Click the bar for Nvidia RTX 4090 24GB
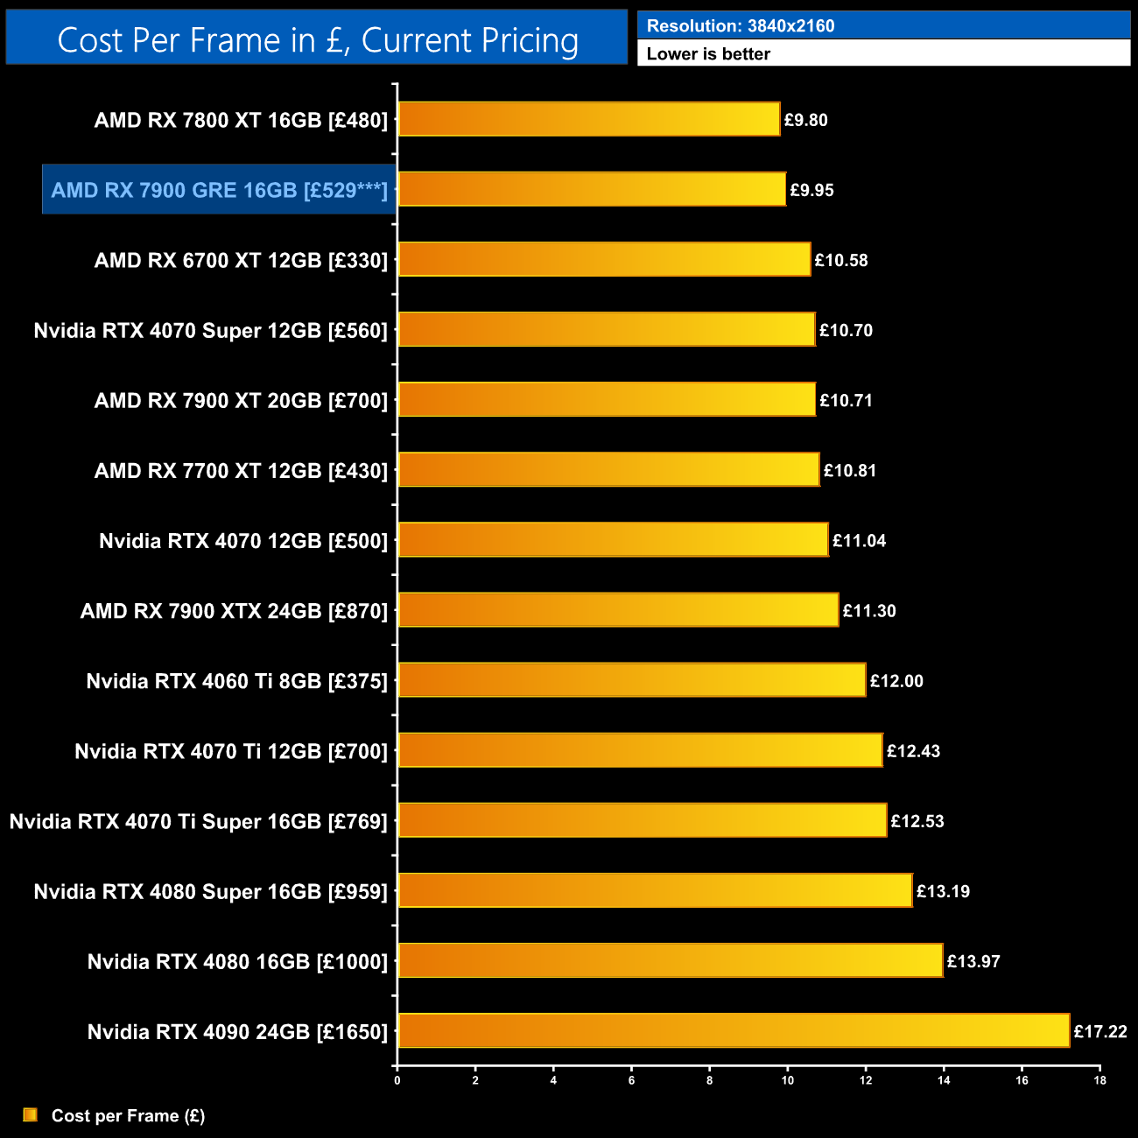tap(734, 1030)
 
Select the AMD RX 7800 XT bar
tap(588, 119)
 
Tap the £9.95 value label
tap(811, 190)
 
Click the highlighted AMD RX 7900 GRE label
tap(219, 190)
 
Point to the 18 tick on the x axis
tap(1099, 1080)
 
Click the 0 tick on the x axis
tap(397, 1080)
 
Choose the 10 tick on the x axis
tap(788, 1080)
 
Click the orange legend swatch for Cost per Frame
tap(31, 1114)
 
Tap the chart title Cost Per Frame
tap(317, 40)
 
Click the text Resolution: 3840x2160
tap(741, 26)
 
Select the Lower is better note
tap(708, 54)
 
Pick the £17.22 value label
tap(1100, 1031)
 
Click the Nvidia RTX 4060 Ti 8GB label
tap(236, 681)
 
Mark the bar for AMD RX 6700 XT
tap(604, 259)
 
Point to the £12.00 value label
tap(896, 681)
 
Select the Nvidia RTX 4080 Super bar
tap(655, 890)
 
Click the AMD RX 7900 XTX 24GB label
tap(234, 611)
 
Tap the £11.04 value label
tap(859, 541)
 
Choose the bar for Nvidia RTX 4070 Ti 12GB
tap(640, 750)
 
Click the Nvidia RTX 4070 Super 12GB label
tap(210, 330)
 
